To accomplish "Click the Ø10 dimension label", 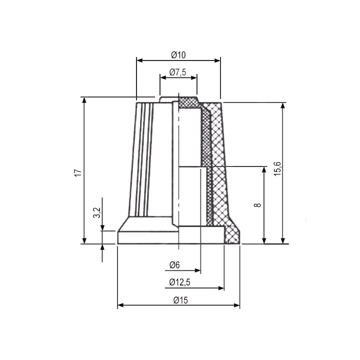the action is click(178, 55).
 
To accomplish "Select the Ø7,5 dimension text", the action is click(177, 72).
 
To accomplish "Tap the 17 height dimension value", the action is click(78, 172).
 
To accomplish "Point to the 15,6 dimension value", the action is click(277, 169).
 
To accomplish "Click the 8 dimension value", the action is click(258, 205).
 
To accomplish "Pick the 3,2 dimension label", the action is click(97, 212).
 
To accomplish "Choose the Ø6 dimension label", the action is click(174, 265).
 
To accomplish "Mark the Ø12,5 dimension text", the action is click(180, 282).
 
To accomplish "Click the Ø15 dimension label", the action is click(180, 300).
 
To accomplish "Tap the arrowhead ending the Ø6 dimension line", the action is click(198, 270).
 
